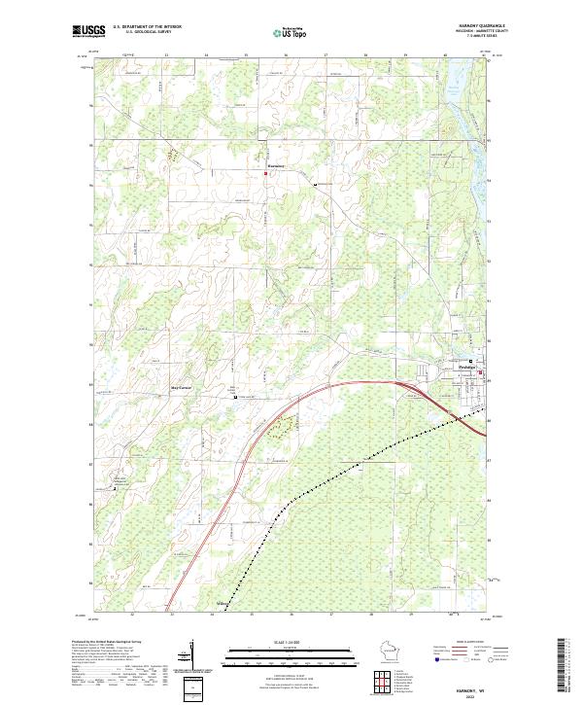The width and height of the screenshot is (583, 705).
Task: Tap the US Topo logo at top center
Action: coord(291,32)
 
